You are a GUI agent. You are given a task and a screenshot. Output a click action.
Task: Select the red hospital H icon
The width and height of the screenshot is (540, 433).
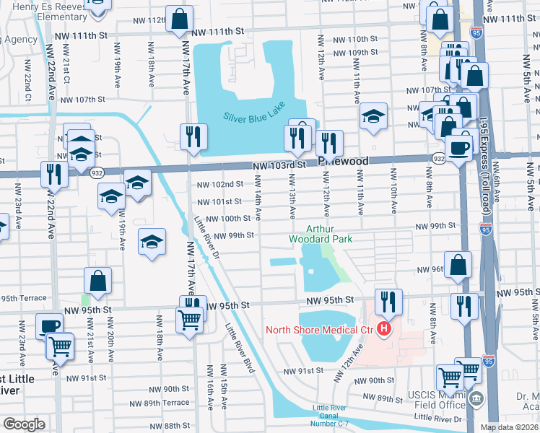(x=384, y=331)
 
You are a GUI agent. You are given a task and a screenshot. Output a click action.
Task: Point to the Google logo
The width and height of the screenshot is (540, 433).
(x=24, y=424)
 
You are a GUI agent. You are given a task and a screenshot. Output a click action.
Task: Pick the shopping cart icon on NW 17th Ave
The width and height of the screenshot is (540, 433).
(x=189, y=318)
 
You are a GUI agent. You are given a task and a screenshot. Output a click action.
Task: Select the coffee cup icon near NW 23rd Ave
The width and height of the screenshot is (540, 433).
(x=49, y=326)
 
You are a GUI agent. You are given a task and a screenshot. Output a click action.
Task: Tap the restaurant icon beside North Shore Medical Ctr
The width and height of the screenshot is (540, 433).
(x=388, y=302)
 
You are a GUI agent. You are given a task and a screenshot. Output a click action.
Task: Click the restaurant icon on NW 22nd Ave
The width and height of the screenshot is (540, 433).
(x=54, y=173)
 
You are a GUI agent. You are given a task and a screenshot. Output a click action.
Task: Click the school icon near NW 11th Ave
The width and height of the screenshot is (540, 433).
(x=373, y=115)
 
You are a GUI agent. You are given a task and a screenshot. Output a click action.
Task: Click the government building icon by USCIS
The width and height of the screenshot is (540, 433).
(x=475, y=398)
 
